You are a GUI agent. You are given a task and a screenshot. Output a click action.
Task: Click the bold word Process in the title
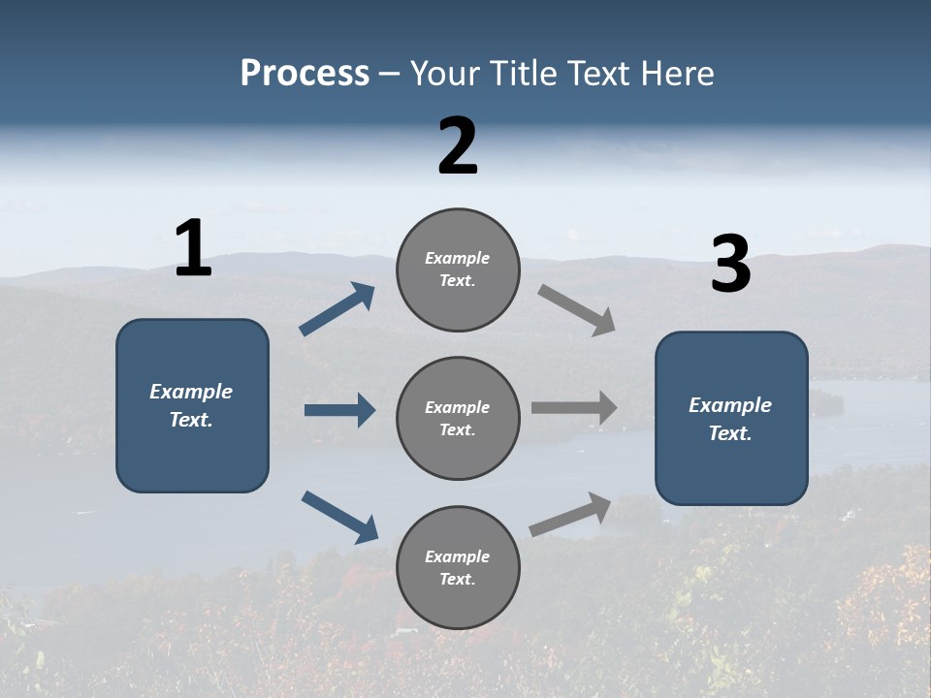tap(305, 74)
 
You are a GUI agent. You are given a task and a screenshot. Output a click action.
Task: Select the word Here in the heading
tap(676, 74)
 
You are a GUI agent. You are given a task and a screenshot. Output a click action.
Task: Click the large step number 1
tap(193, 248)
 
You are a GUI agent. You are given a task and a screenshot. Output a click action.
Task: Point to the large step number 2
tap(458, 146)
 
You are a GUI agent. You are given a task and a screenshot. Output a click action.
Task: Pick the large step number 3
tap(730, 265)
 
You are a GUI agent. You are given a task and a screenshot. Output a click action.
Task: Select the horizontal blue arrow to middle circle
tap(339, 410)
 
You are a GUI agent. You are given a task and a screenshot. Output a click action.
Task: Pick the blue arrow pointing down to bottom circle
tap(340, 517)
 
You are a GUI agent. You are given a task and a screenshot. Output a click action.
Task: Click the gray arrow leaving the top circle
tap(576, 310)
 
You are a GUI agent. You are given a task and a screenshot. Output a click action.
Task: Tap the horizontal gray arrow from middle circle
tap(574, 407)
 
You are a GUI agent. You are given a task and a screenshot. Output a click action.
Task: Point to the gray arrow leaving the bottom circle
tap(571, 514)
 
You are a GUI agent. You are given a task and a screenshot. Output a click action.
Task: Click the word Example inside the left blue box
tap(191, 392)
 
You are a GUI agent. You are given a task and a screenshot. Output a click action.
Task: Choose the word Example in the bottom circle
tap(457, 556)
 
